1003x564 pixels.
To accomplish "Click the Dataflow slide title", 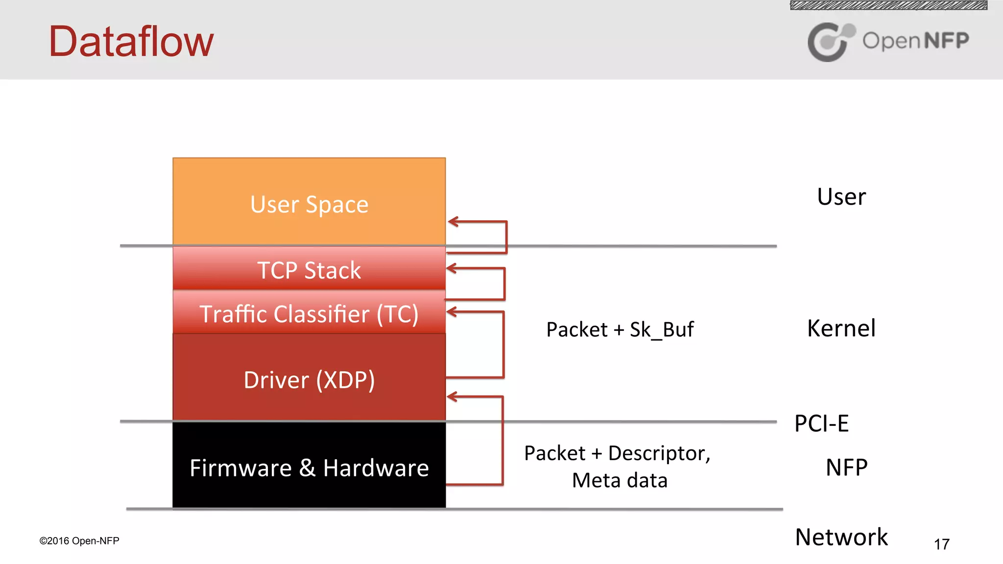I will pos(131,42).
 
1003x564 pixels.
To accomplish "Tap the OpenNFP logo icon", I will pos(830,42).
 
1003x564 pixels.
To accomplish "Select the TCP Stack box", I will pos(309,269).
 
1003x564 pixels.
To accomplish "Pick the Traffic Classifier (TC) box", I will pos(309,313).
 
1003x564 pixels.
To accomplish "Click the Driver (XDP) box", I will pos(309,379).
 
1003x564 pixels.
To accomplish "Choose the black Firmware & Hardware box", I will pos(309,468).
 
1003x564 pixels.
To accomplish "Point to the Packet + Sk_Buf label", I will pos(620,329).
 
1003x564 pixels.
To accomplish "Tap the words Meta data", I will pos(620,480).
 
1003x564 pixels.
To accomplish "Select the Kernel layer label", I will pos(841,329).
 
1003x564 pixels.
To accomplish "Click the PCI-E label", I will pos(821,423).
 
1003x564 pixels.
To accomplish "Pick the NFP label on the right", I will pos(846,468).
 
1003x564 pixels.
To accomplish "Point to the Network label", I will pos(841,537).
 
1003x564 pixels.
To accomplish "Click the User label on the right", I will pos(841,197).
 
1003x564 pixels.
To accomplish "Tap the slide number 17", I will pos(941,544).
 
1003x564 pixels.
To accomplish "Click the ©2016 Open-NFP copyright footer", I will pos(79,541).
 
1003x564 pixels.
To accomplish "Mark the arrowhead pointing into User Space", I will pos(453,222).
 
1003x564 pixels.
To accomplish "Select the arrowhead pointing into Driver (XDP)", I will pos(452,397).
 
